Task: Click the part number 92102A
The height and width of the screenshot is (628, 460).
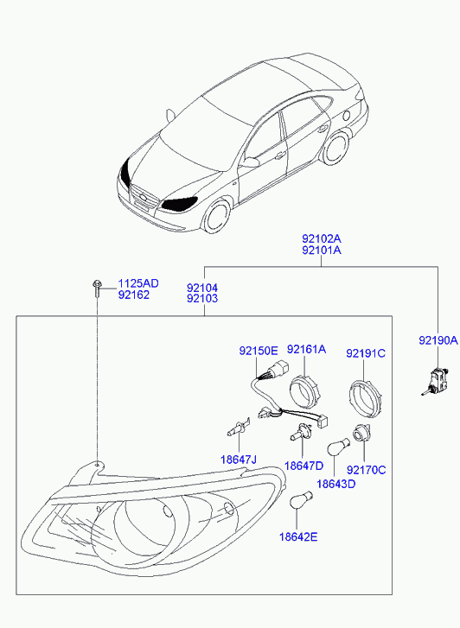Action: (x=322, y=239)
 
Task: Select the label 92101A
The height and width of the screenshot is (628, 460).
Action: (x=322, y=251)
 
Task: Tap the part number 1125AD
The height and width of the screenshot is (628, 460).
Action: (x=138, y=283)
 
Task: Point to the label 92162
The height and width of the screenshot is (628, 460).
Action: (x=133, y=295)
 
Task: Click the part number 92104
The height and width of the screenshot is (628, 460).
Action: (x=202, y=288)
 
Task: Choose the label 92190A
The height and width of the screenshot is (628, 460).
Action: (x=438, y=340)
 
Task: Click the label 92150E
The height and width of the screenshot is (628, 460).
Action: (x=259, y=351)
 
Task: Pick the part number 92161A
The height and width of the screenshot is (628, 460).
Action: (x=306, y=349)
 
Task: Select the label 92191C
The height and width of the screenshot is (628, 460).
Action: (x=366, y=353)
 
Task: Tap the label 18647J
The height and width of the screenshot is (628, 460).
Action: (x=239, y=460)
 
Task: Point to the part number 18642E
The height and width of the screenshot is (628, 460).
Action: (x=298, y=536)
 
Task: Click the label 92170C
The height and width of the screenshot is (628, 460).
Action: (x=366, y=470)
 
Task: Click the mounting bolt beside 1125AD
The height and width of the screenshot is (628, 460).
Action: (x=96, y=288)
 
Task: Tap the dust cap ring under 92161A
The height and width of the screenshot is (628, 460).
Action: (x=306, y=390)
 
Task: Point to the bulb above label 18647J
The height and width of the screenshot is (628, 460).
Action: (x=239, y=429)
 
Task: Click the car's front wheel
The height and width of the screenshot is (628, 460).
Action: (x=217, y=217)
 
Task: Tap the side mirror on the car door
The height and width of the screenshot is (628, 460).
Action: (x=250, y=162)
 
